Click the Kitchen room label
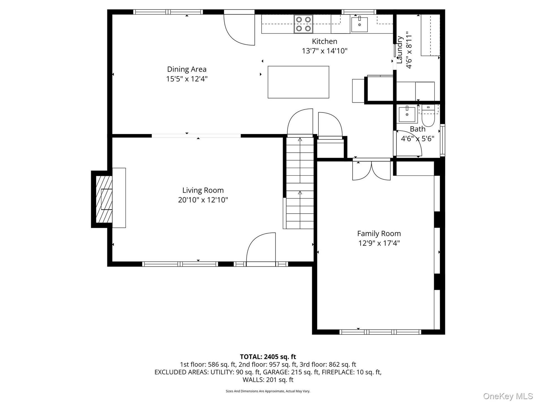click(324, 41)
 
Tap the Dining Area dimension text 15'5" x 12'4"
click(187, 79)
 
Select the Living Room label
click(203, 190)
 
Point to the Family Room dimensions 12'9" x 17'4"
click(379, 243)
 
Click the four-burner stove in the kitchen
click(303, 24)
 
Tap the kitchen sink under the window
click(359, 24)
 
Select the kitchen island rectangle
click(298, 82)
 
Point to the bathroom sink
click(407, 114)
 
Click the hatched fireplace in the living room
click(104, 199)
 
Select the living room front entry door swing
click(261, 247)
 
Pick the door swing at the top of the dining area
click(239, 29)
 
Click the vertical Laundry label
click(399, 50)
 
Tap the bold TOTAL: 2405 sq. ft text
click(268, 357)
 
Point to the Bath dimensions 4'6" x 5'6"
click(418, 139)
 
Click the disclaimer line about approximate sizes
click(268, 391)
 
